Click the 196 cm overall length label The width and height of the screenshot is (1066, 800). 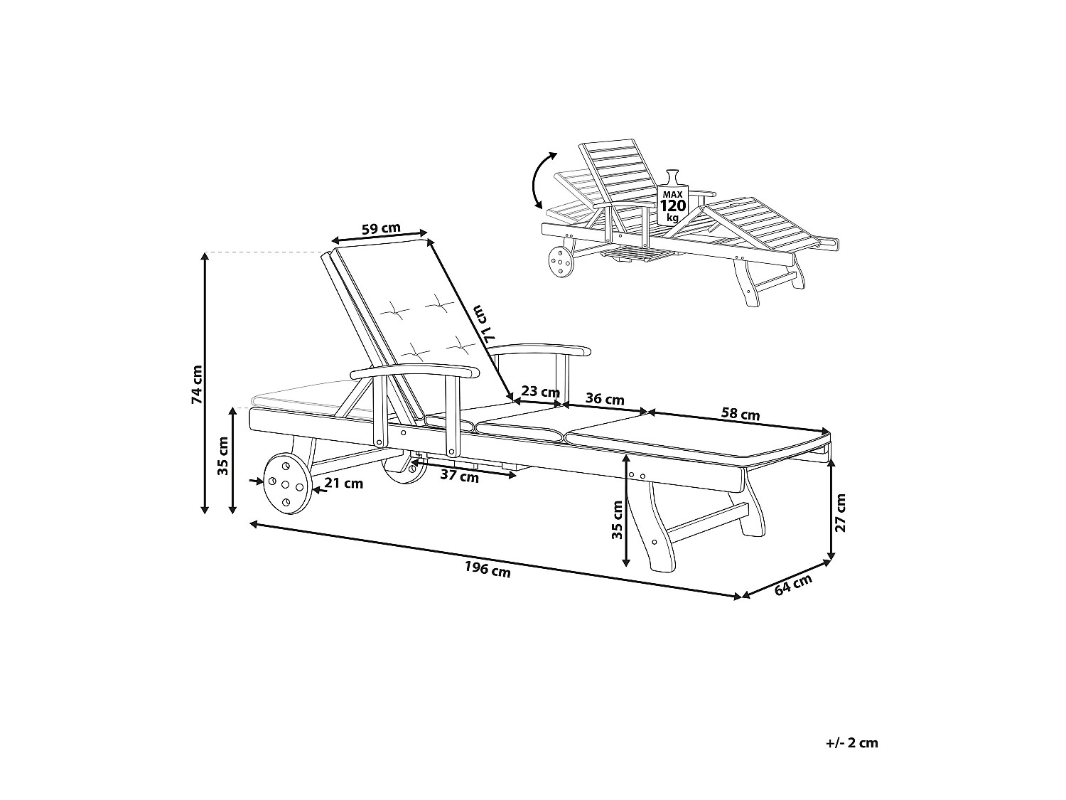pyautogui.click(x=488, y=569)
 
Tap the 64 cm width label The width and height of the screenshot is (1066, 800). pyautogui.click(x=792, y=585)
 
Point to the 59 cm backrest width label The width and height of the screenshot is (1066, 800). pyautogui.click(x=381, y=229)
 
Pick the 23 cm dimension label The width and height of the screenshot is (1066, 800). pyautogui.click(x=540, y=391)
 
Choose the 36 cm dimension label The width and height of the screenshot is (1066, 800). pyautogui.click(x=604, y=399)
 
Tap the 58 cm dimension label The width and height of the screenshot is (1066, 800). pyautogui.click(x=740, y=414)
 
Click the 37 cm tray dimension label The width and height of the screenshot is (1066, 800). pyautogui.click(x=459, y=476)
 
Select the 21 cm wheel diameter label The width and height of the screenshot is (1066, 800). pyautogui.click(x=343, y=484)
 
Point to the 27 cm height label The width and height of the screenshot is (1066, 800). pyautogui.click(x=841, y=513)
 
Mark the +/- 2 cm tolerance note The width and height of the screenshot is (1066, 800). pyautogui.click(x=852, y=743)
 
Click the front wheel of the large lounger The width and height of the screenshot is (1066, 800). pyautogui.click(x=287, y=486)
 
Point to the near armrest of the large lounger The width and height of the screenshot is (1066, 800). pyautogui.click(x=416, y=372)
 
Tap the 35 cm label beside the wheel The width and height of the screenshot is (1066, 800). pyautogui.click(x=222, y=456)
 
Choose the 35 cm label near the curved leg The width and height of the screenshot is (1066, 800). pyautogui.click(x=617, y=519)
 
